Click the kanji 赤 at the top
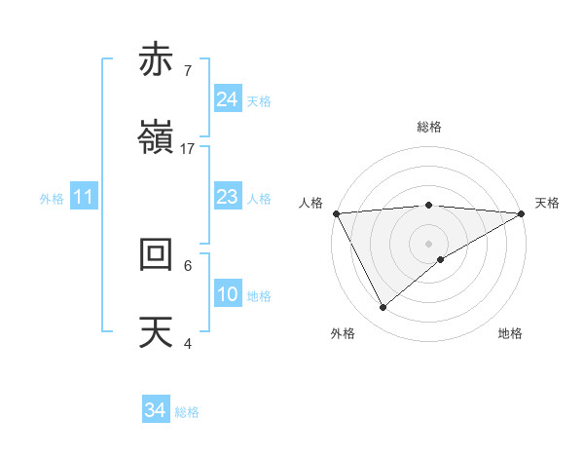tap(157, 60)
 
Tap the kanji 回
tap(157, 254)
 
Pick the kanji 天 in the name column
tap(157, 331)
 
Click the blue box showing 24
tap(228, 99)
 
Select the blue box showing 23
tap(228, 197)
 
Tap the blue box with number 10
tap(228, 294)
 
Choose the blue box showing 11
tap(84, 197)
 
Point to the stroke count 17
tap(188, 149)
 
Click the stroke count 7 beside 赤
tap(187, 71)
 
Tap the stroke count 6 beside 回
tap(187, 265)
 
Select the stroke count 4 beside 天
tap(187, 343)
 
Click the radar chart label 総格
tap(429, 127)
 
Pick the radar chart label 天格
tap(547, 203)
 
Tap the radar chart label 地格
tap(510, 333)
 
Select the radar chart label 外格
tap(343, 333)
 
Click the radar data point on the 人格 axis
tap(336, 213)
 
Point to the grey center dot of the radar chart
tap(429, 243)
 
